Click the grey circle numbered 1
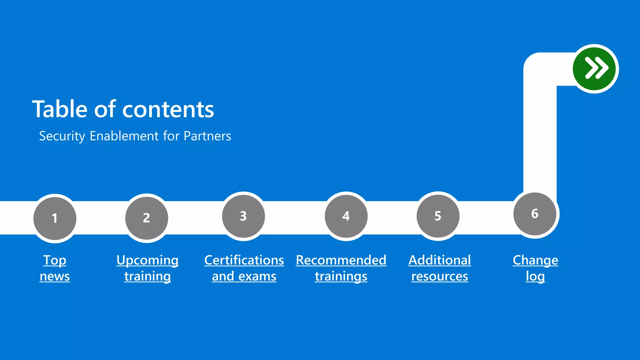(x=55, y=218)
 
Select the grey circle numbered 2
(x=147, y=218)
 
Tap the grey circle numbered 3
(x=243, y=216)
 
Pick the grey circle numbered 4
(x=346, y=216)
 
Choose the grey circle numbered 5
(x=438, y=216)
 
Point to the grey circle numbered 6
(x=535, y=214)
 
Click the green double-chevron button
(x=595, y=69)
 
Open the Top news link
(x=55, y=268)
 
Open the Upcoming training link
(x=147, y=268)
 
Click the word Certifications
(x=244, y=260)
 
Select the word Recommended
(x=341, y=260)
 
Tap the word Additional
(x=439, y=260)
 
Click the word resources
(x=439, y=277)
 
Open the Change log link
(x=535, y=268)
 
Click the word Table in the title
(x=60, y=109)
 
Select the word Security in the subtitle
(x=62, y=136)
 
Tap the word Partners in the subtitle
(x=207, y=136)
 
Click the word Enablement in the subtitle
(x=124, y=136)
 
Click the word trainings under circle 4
(x=341, y=277)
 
